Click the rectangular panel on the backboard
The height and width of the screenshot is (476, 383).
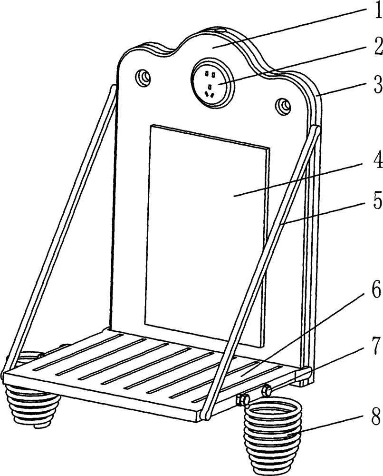tap(207, 233)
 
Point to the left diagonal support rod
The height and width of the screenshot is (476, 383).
tap(57, 228)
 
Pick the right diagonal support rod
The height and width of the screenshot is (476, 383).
tap(261, 267)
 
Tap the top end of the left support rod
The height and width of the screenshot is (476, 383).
tap(113, 89)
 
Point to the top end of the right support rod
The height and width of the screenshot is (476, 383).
tap(316, 129)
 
